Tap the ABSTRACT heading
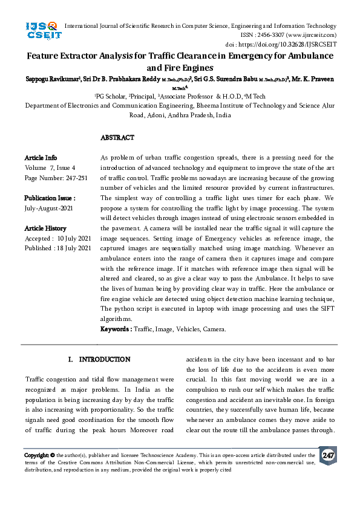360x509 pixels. click(117, 138)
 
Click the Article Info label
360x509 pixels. click(41, 158)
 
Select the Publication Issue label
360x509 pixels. click(50, 198)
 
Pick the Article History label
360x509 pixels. click(45, 228)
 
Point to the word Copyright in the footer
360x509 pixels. click(36, 455)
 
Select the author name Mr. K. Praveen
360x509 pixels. click(314, 79)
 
